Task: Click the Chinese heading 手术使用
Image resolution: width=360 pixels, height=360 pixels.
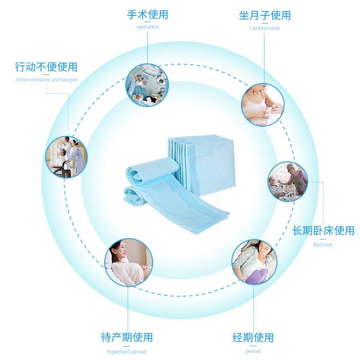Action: [x=147, y=15]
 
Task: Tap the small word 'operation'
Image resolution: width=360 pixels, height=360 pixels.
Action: [x=147, y=27]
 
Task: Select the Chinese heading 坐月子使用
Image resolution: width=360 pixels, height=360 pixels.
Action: [x=264, y=15]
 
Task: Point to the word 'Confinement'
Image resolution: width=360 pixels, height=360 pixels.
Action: [x=264, y=28]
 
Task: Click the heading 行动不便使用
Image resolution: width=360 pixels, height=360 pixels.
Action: [x=46, y=67]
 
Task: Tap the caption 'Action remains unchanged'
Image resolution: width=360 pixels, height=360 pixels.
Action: [x=46, y=80]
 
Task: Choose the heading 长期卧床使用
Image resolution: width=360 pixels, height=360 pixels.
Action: [x=323, y=231]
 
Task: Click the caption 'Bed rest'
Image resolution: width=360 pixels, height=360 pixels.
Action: [x=323, y=244]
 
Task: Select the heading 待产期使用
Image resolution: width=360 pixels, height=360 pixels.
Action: [x=127, y=337]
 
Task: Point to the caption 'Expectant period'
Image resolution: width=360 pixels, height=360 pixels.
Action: [x=127, y=351]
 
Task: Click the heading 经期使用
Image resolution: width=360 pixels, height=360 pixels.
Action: [x=252, y=337]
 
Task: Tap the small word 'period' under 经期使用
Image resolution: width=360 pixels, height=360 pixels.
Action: [x=252, y=351]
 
